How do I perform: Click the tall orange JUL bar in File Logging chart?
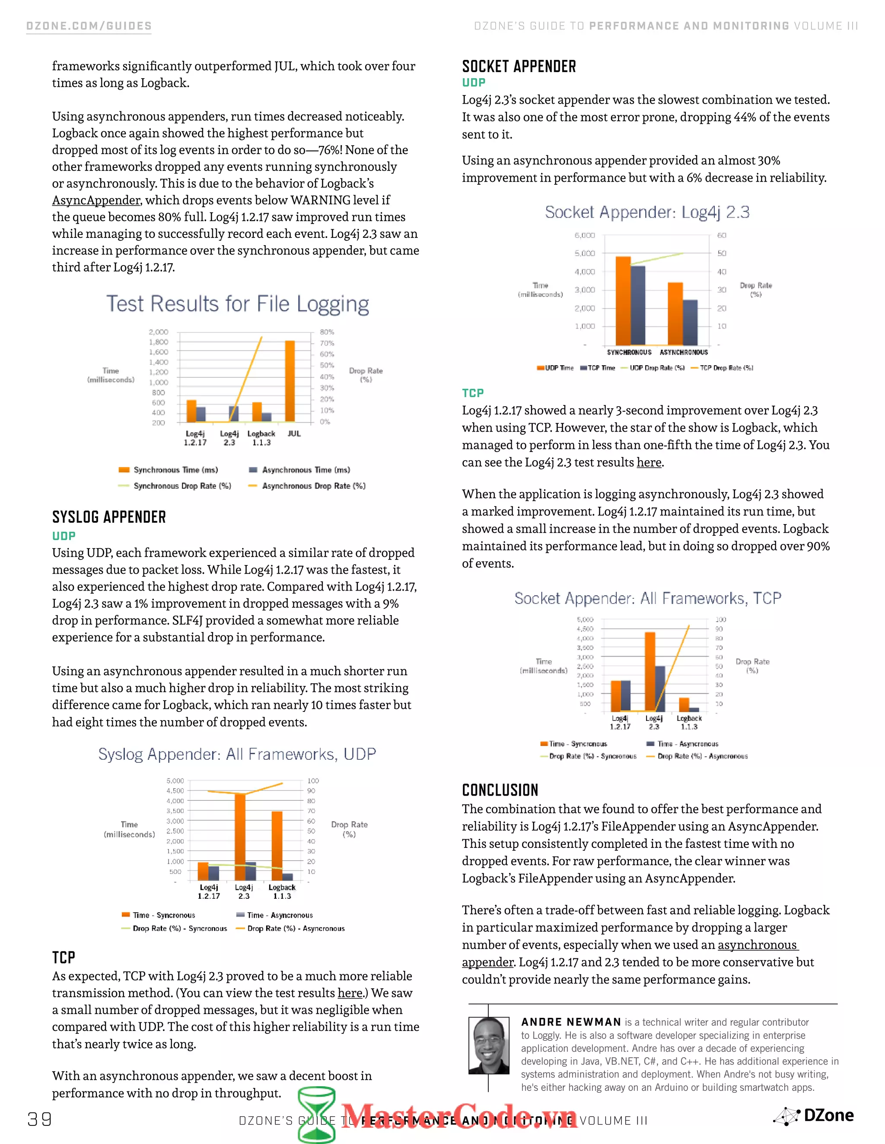click(x=290, y=381)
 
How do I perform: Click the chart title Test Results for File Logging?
click(x=238, y=304)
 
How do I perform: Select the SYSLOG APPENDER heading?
click(x=109, y=517)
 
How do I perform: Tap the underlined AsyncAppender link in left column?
click(x=96, y=200)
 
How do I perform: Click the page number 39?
click(x=40, y=1119)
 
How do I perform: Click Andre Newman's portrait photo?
click(x=489, y=1046)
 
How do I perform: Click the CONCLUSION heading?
click(x=500, y=790)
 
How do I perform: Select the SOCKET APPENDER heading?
click(x=519, y=66)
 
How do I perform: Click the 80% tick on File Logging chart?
click(x=327, y=332)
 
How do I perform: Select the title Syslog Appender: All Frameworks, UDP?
click(x=237, y=754)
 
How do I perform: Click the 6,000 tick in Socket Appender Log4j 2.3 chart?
click(x=585, y=236)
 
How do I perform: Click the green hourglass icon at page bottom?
click(x=317, y=1115)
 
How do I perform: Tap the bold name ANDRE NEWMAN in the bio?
click(x=571, y=1022)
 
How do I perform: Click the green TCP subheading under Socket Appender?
click(x=473, y=393)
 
